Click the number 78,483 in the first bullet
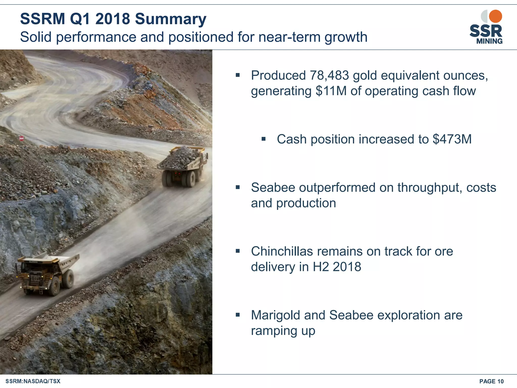[x=329, y=75]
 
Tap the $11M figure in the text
[x=331, y=91]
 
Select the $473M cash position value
[x=452, y=139]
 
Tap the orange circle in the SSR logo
[x=495, y=16]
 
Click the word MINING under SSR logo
[x=489, y=41]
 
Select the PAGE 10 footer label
[x=491, y=381]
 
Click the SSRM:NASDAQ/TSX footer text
[x=33, y=381]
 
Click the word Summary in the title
[x=171, y=19]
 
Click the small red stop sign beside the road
[x=21, y=138]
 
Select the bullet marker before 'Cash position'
[x=264, y=139]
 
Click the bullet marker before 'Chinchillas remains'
[x=238, y=251]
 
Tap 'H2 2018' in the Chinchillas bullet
[x=337, y=267]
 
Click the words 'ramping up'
[x=283, y=331]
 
